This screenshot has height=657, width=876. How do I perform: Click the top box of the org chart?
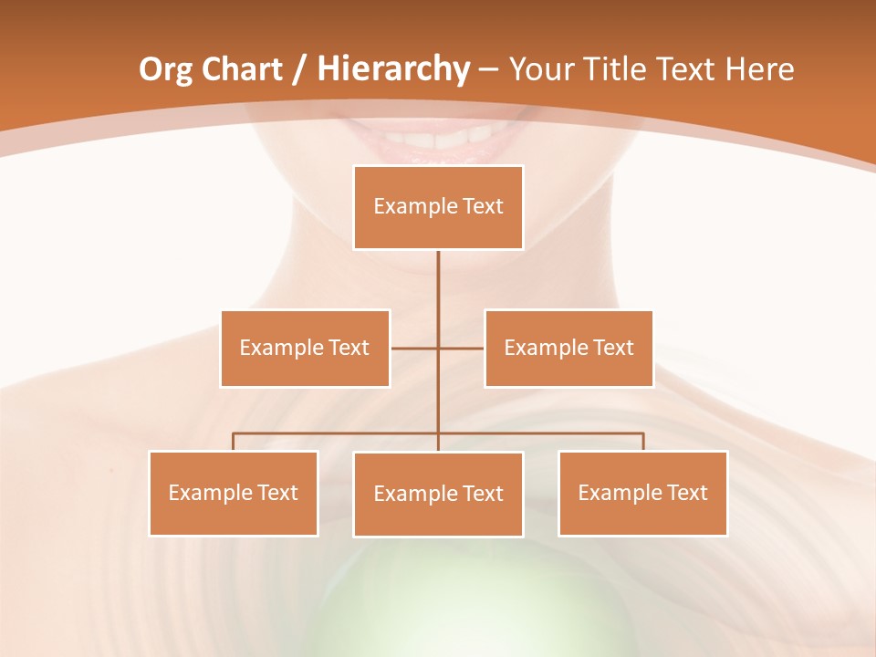pyautogui.click(x=438, y=207)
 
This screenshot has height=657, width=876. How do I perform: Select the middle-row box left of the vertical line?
pyautogui.click(x=305, y=349)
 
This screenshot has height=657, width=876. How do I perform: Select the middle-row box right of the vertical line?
pyautogui.click(x=568, y=349)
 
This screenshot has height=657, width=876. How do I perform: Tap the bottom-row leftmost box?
pyautogui.click(x=234, y=494)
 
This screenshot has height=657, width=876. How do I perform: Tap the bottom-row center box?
pyautogui.click(x=438, y=495)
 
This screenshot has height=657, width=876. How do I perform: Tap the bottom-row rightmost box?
pyautogui.click(x=642, y=494)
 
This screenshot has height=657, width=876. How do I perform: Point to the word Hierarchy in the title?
pyautogui.click(x=393, y=69)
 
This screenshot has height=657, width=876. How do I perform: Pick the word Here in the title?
pyautogui.click(x=759, y=69)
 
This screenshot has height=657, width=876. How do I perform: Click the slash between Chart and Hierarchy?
pyautogui.click(x=298, y=69)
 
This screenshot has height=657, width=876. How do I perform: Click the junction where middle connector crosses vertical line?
pyautogui.click(x=438, y=349)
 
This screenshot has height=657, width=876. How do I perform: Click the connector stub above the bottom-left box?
pyautogui.click(x=234, y=442)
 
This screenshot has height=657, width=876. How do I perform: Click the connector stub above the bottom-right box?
pyautogui.click(x=643, y=442)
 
